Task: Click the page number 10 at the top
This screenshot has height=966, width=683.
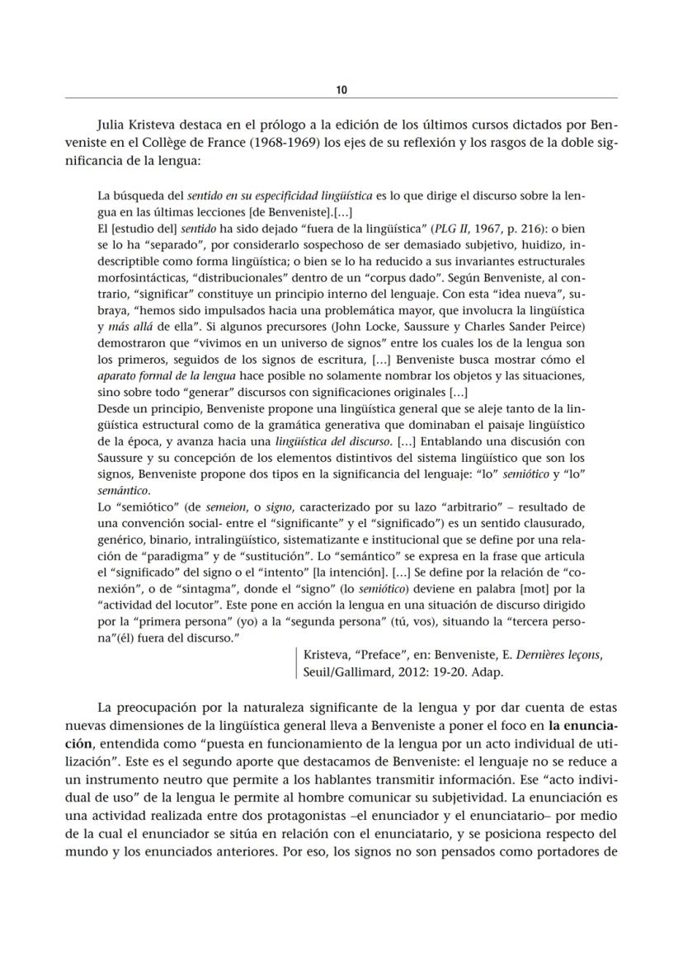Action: (341, 88)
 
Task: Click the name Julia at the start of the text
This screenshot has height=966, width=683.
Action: (114, 125)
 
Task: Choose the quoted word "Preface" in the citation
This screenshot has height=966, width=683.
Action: (386, 654)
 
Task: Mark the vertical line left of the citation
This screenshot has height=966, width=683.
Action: (296, 662)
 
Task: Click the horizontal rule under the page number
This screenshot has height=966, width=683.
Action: (341, 98)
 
